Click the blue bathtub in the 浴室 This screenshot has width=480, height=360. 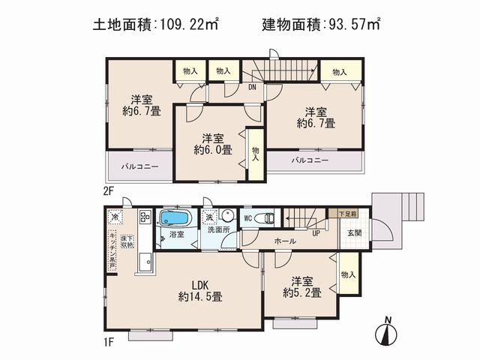pyautogui.click(x=176, y=220)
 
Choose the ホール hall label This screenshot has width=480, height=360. pyautogui.click(x=284, y=241)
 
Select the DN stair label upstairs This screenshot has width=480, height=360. pyautogui.click(x=253, y=86)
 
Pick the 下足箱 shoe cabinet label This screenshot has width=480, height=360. pyautogui.click(x=347, y=214)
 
